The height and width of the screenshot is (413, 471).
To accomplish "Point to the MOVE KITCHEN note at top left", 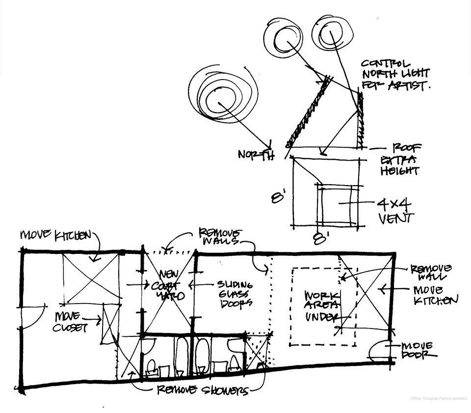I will point(55,235).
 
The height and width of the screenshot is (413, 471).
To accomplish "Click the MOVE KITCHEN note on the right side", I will point(436,295).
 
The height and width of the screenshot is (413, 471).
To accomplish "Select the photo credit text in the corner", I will point(438,398).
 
